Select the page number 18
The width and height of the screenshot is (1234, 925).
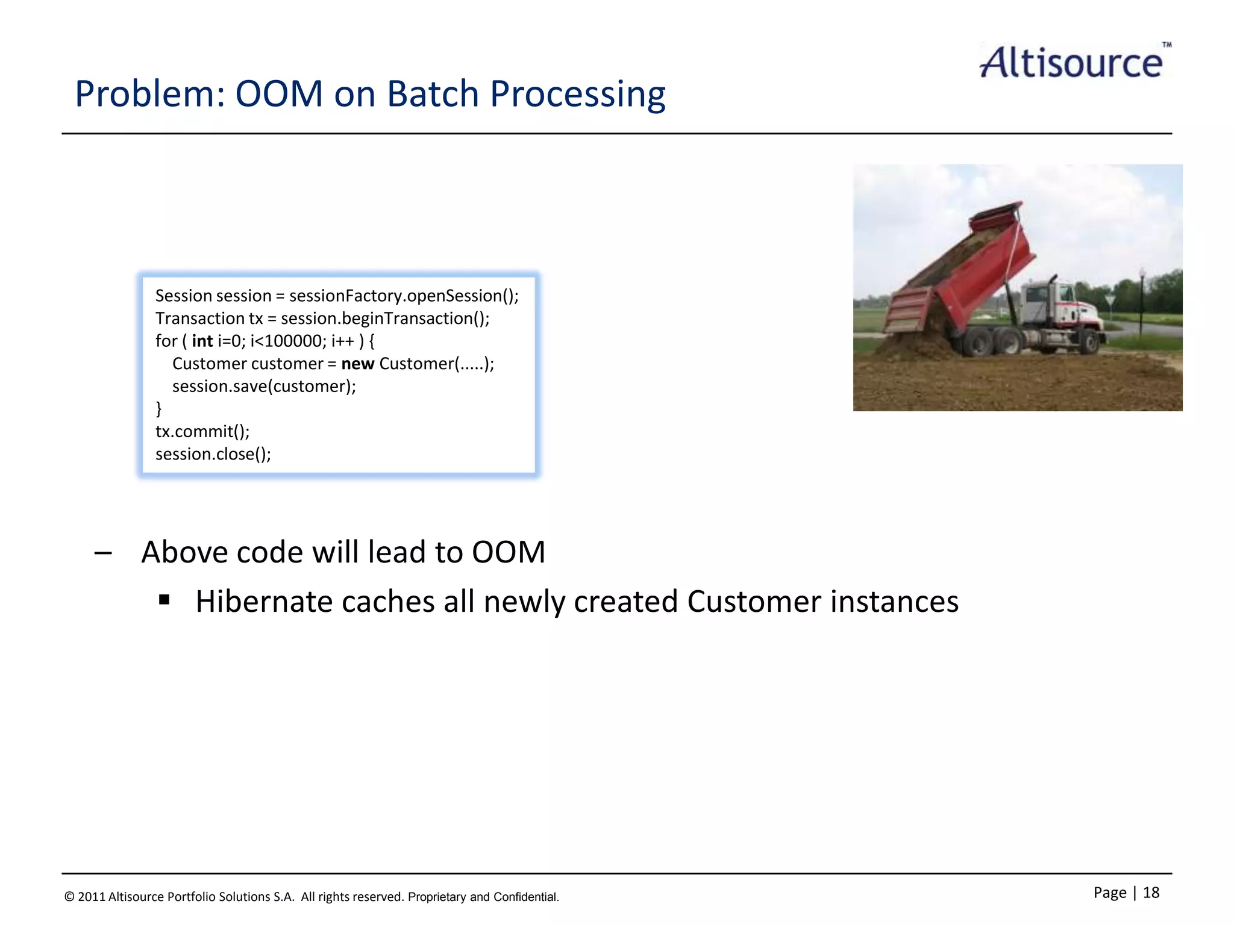click(x=1151, y=892)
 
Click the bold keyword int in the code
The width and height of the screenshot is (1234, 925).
click(x=202, y=341)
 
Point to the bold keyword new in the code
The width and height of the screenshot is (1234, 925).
click(x=358, y=364)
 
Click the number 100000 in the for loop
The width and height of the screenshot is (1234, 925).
click(x=293, y=341)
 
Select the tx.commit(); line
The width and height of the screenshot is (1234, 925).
click(x=202, y=431)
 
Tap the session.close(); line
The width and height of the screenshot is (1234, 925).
click(x=213, y=454)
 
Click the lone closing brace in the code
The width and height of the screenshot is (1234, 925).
click(x=159, y=409)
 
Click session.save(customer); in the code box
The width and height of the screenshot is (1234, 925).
click(x=264, y=387)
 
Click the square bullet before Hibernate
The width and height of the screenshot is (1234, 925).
click(x=164, y=600)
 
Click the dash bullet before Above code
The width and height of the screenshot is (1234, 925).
click(x=103, y=553)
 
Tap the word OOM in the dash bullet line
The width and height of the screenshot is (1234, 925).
click(x=508, y=552)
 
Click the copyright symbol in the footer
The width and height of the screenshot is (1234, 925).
click(x=69, y=897)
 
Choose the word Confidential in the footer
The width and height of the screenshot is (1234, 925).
click(x=525, y=897)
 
